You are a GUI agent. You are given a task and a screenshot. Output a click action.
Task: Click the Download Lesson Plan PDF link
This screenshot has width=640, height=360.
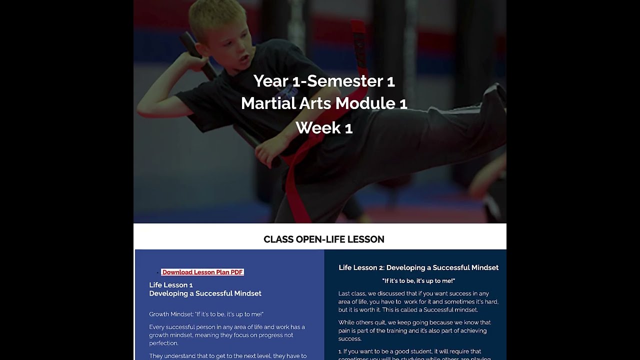tap(202, 272)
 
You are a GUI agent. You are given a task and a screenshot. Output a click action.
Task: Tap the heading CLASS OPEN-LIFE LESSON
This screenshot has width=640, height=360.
tap(323, 239)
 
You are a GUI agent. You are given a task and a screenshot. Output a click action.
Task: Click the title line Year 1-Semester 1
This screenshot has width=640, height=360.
tap(323, 80)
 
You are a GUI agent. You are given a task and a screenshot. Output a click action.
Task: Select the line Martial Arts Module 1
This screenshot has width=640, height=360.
tap(323, 103)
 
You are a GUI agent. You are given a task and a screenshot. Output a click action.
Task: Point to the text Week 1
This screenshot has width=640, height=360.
tap(323, 127)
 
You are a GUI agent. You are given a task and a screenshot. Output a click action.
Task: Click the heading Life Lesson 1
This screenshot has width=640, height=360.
tap(170, 285)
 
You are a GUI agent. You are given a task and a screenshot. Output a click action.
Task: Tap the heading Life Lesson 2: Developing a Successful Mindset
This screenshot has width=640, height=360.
tap(418, 267)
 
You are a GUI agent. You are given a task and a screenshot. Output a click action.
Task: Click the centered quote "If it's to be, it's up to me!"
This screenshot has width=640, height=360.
tap(418, 281)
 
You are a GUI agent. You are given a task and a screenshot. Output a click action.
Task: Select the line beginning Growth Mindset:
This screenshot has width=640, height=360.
tap(206, 314)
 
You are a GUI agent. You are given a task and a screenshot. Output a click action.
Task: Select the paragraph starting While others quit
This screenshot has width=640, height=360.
tap(414, 330)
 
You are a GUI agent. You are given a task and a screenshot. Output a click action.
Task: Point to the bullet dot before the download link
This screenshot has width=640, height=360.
tap(157, 272)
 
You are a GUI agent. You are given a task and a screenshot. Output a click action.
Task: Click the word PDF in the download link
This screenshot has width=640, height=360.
tap(236, 272)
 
